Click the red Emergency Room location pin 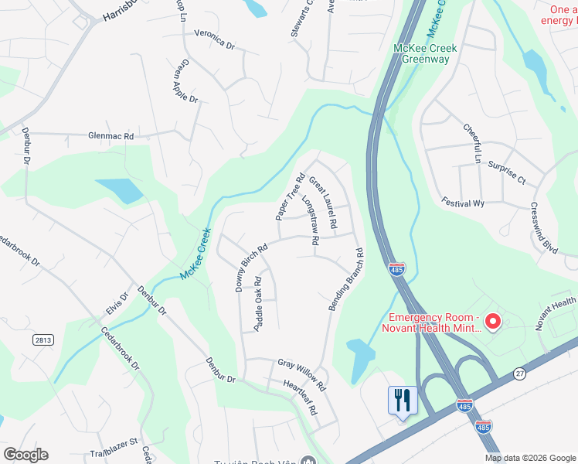(493, 320)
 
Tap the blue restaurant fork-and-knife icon (402, 401)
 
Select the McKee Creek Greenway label (425, 53)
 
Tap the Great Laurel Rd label (324, 203)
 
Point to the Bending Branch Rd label (346, 280)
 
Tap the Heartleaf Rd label (301, 397)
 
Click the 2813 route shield (43, 339)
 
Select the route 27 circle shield (518, 374)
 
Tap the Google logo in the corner (25, 455)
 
